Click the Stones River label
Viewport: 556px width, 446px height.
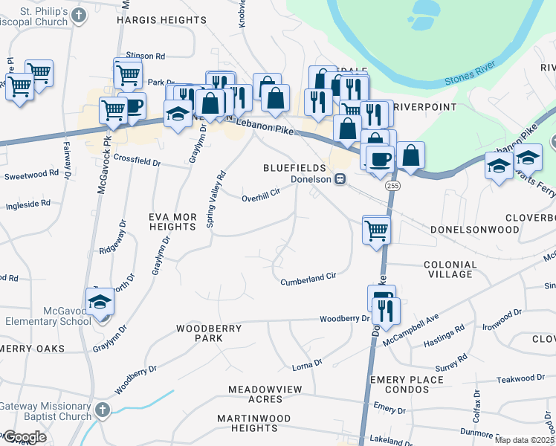pyautogui.click(x=469, y=75)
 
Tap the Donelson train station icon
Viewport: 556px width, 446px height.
pyautogui.click(x=339, y=179)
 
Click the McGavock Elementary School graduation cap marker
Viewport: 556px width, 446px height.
pyautogui.click(x=99, y=302)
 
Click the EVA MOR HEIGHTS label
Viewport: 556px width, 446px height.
pyautogui.click(x=173, y=222)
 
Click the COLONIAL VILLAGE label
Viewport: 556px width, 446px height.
pyautogui.click(x=449, y=269)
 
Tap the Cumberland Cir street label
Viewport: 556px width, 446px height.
pyautogui.click(x=308, y=280)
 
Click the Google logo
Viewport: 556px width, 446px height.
pyautogui.click(x=25, y=436)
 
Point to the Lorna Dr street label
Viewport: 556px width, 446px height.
pyautogui.click(x=306, y=364)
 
